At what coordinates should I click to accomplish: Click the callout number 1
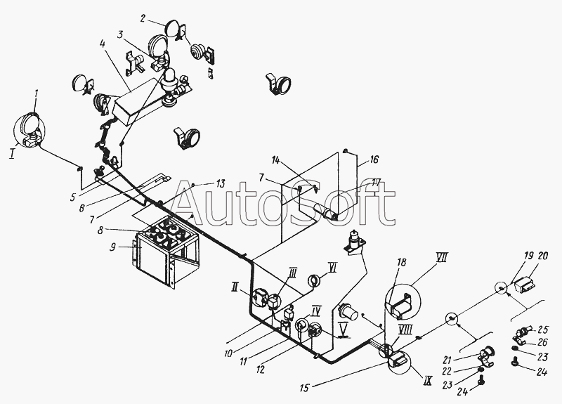37,93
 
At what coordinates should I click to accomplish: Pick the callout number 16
374,159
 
